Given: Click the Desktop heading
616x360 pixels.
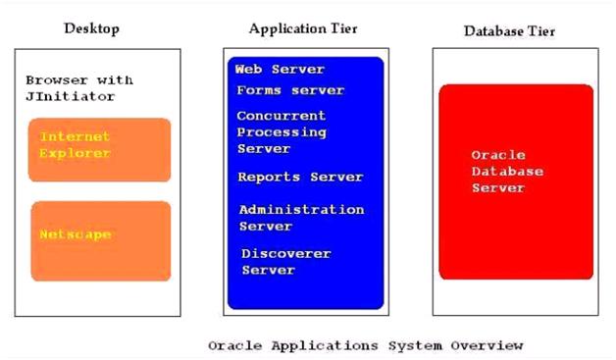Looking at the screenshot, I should point(91,28).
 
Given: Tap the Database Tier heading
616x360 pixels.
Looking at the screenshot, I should point(510,31).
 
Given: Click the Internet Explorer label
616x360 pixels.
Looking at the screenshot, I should point(75,145).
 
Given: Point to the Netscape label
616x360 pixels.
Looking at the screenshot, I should point(75,234).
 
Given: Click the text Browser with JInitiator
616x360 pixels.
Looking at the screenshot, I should point(78,88).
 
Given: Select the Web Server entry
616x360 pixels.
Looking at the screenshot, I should point(280,70).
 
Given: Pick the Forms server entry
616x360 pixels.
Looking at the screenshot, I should point(290,90).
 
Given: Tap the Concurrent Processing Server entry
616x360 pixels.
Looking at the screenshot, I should point(282,131).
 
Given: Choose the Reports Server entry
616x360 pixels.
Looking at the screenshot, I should point(300,178).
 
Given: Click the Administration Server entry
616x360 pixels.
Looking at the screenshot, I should point(301,218).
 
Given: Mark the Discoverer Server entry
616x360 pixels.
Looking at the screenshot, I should point(286,262).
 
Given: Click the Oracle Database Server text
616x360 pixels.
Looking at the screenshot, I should point(507,171).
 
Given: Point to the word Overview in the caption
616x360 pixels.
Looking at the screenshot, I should point(488,345).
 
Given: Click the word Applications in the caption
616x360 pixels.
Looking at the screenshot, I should point(310,345).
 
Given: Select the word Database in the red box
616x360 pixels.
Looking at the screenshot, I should point(507,172).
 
